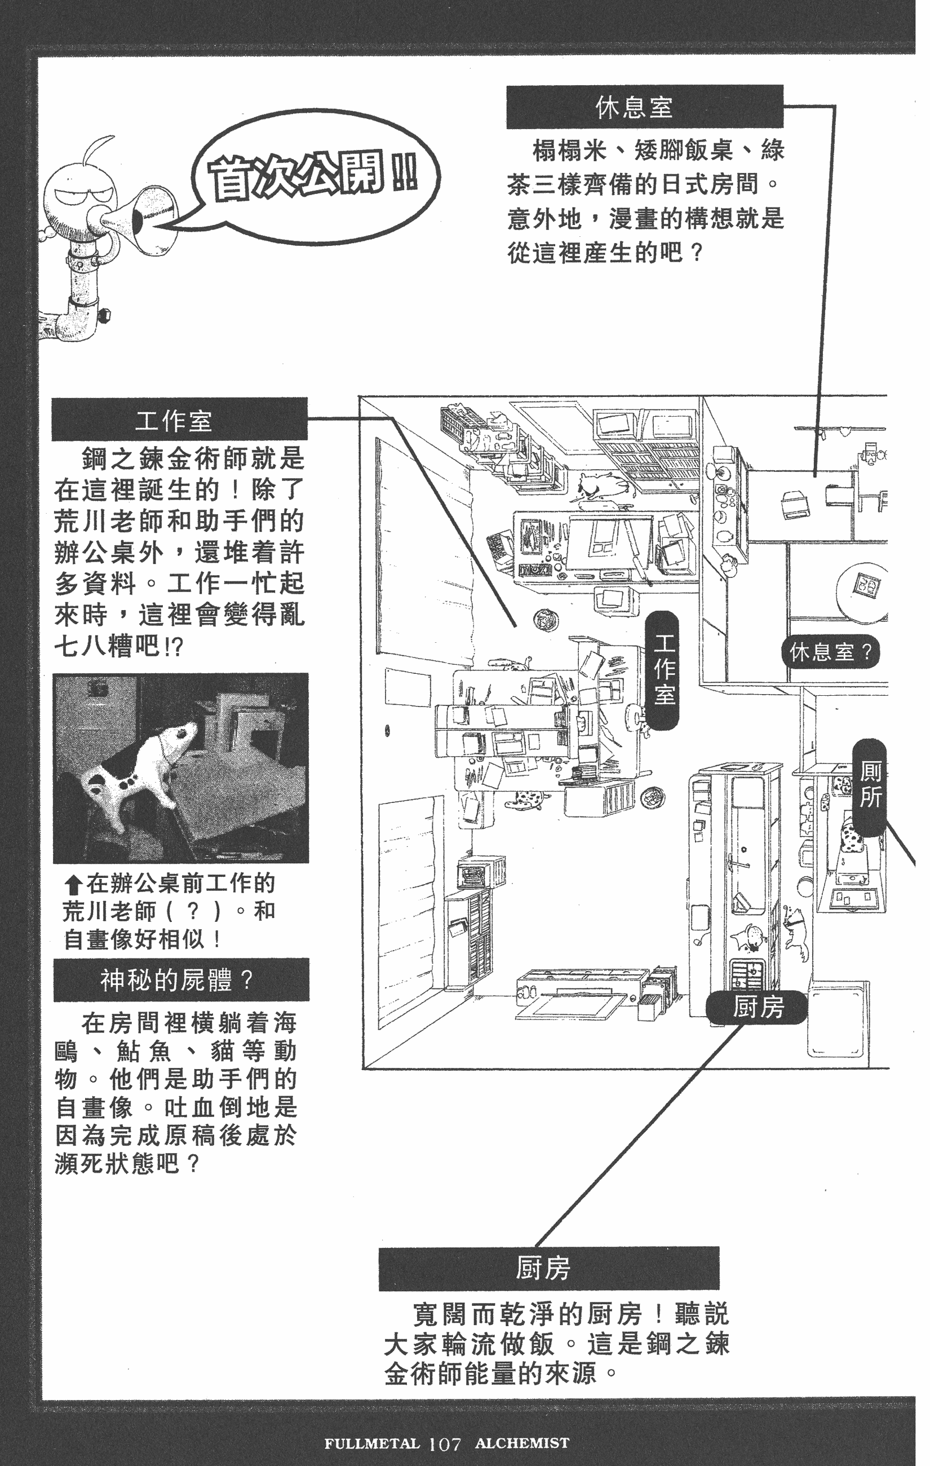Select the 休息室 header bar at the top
click(x=644, y=107)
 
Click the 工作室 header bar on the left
click(x=180, y=420)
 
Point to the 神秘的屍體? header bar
click(x=181, y=979)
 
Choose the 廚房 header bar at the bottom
click(x=548, y=1269)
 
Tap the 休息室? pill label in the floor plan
click(x=830, y=652)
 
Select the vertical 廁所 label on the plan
click(x=870, y=785)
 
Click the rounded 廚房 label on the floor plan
click(x=756, y=1008)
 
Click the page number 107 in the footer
click(x=444, y=1443)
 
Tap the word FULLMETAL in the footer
click(x=372, y=1443)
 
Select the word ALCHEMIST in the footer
click(x=521, y=1443)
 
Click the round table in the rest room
click(x=861, y=591)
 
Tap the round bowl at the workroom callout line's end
click(x=546, y=620)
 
